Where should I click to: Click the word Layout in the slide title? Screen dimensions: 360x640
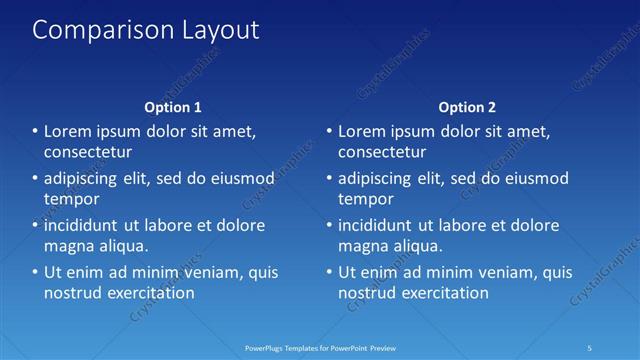click(217, 30)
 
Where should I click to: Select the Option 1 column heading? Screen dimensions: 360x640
click(173, 107)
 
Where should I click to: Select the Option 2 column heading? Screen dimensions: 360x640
click(467, 107)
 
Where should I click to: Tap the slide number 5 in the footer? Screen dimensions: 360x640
click(591, 347)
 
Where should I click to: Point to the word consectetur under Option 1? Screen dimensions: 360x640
click(89, 153)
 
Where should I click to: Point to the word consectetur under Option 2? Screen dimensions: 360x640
click(383, 153)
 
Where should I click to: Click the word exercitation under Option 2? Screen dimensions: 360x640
click(443, 293)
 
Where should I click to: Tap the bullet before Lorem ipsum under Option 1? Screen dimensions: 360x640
click(35, 132)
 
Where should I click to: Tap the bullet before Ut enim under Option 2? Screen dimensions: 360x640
click(329, 272)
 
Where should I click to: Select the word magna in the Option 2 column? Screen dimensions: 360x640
click(362, 246)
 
